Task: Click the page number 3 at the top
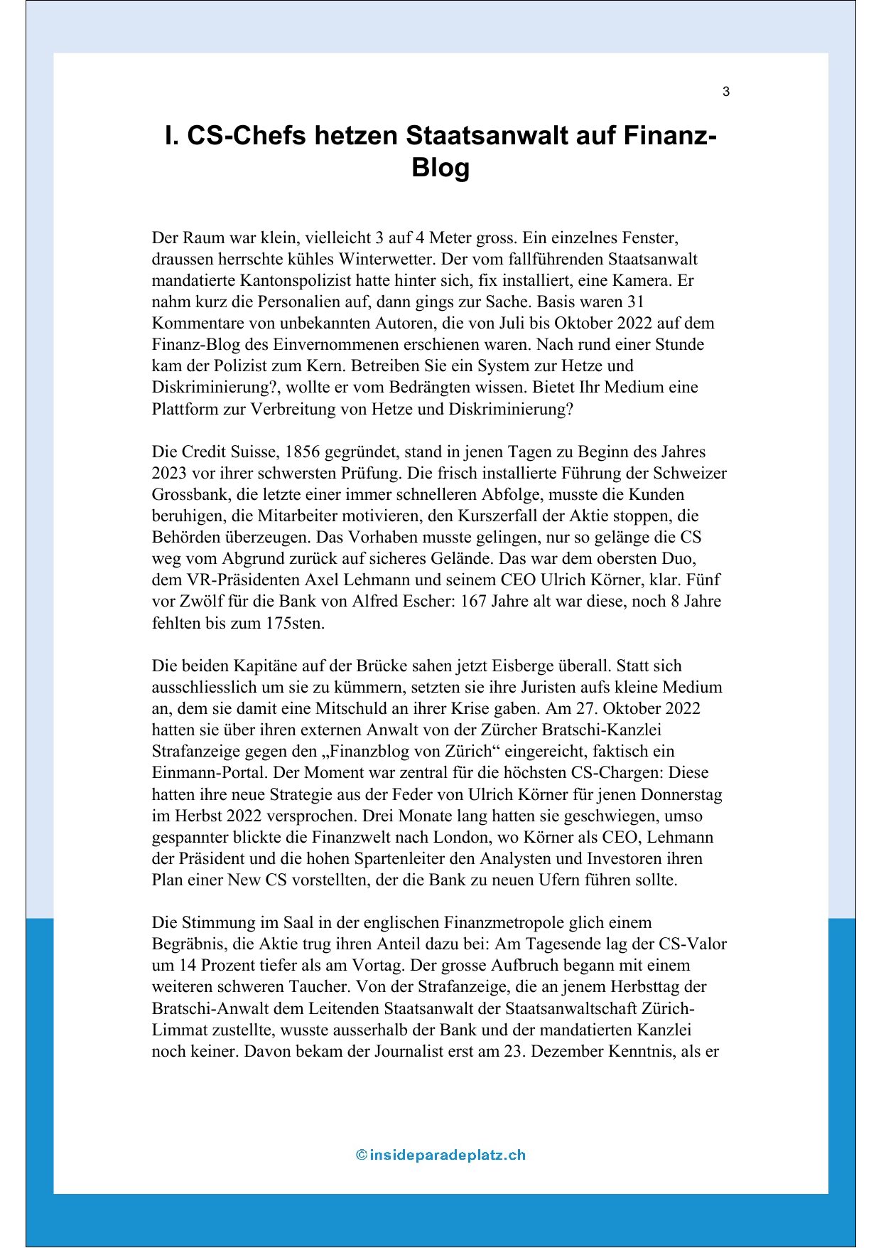pyautogui.click(x=725, y=92)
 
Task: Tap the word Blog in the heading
pyautogui.click(x=440, y=168)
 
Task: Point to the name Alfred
pyautogui.click(x=379, y=601)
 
